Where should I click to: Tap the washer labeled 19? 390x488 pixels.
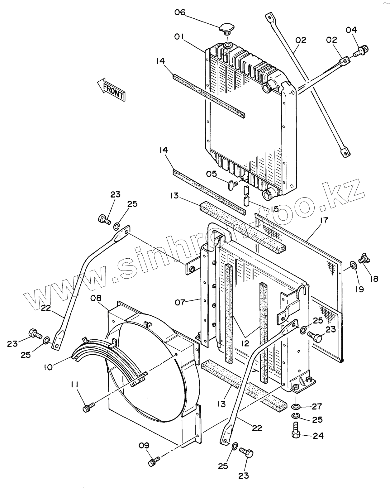[x=354, y=265]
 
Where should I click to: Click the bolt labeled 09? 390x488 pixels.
[x=154, y=461]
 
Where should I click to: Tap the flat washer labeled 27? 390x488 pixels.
[x=296, y=407]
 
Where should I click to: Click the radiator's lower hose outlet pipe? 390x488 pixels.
[x=269, y=195]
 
